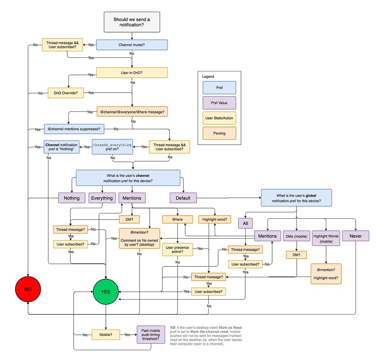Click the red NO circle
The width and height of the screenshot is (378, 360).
click(28, 290)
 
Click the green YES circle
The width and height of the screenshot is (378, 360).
click(106, 291)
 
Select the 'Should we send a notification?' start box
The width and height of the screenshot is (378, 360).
click(132, 22)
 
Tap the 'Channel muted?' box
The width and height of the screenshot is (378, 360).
click(132, 45)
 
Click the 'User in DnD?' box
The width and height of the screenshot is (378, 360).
click(132, 73)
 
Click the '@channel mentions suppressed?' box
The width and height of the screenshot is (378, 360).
click(74, 129)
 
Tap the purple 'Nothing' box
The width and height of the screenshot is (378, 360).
click(71, 198)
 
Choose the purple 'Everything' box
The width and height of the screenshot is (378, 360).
click(102, 198)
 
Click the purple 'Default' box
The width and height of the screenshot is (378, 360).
click(183, 198)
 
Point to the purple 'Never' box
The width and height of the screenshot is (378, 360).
click(355, 236)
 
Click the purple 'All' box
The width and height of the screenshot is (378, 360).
click(245, 223)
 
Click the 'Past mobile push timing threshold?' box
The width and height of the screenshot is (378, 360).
click(151, 335)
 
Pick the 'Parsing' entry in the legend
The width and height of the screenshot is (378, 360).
click(219, 133)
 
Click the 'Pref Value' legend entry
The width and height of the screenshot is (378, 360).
click(219, 103)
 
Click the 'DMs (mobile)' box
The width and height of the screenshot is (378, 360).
click(296, 236)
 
